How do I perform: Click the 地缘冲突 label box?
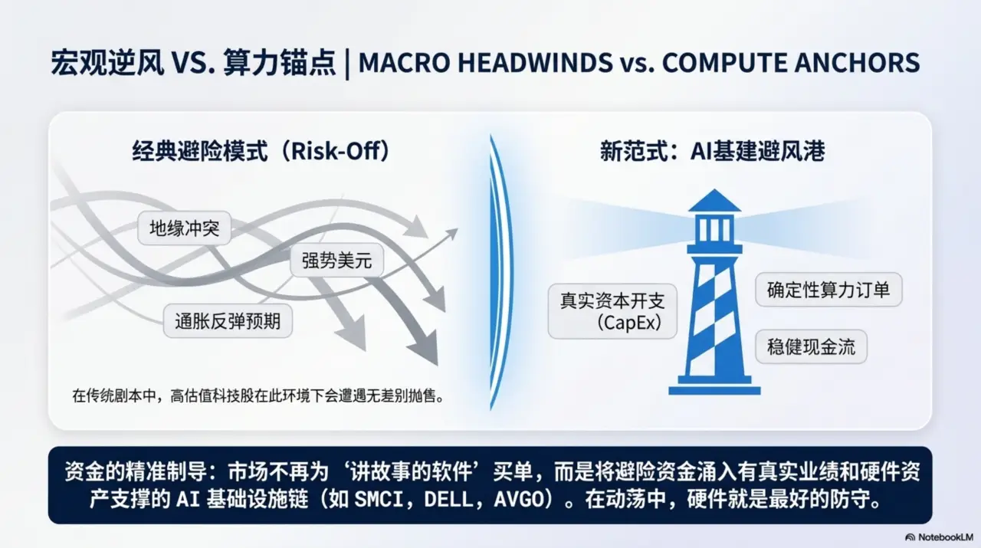184,228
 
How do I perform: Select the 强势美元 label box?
336,261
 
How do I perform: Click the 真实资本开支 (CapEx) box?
612,310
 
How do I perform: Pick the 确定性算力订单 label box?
828,290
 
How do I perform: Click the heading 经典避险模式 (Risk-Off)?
261,151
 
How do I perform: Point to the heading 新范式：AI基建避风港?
712,151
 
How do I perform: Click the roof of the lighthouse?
714,201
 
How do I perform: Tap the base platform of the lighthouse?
714,389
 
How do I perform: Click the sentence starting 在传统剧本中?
258,396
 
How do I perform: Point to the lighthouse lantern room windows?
714,229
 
